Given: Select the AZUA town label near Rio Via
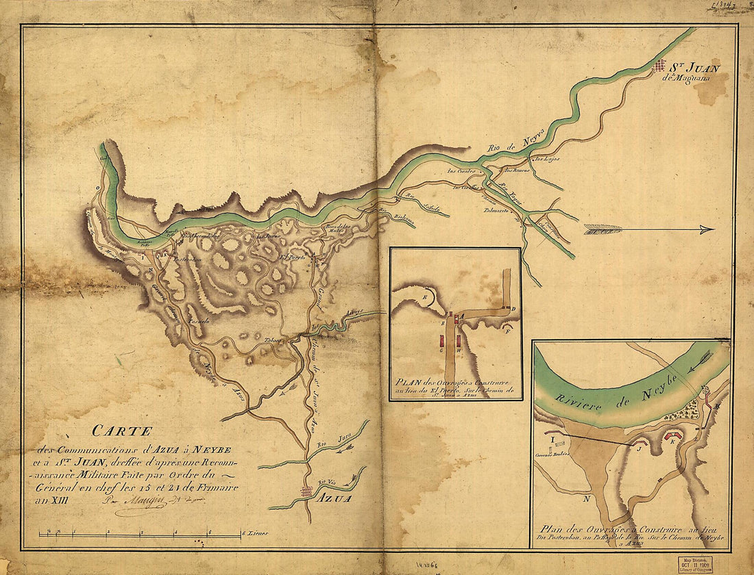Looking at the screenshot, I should [334, 499].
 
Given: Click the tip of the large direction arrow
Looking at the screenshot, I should [712, 230].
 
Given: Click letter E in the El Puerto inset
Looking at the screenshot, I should [425, 298].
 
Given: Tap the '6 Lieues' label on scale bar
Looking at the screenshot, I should [256, 533].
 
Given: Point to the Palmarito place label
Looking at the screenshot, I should [498, 211].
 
